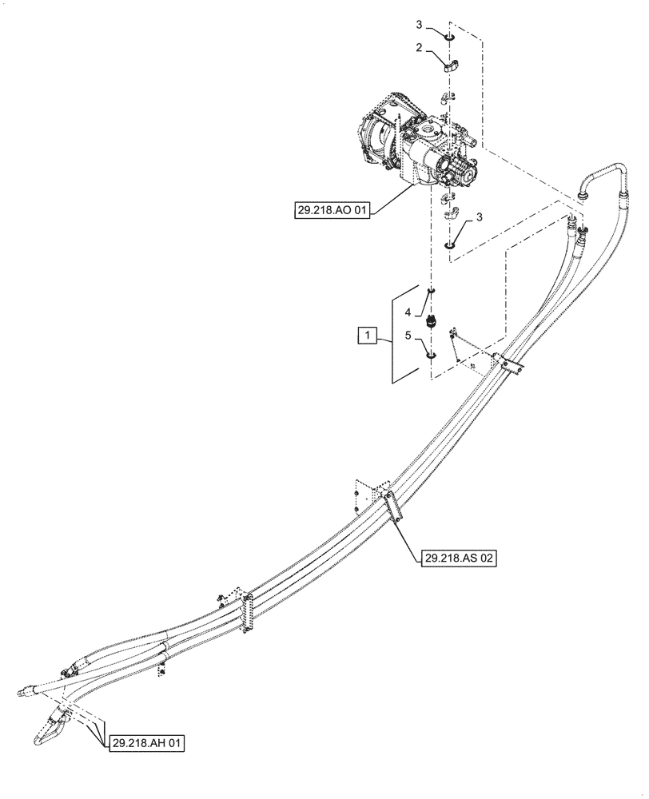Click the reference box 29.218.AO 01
click(332, 212)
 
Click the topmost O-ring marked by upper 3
click(449, 36)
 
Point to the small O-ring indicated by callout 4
click(431, 291)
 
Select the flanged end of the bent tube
click(583, 193)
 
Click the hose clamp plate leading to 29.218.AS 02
click(391, 509)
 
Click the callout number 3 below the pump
click(479, 217)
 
